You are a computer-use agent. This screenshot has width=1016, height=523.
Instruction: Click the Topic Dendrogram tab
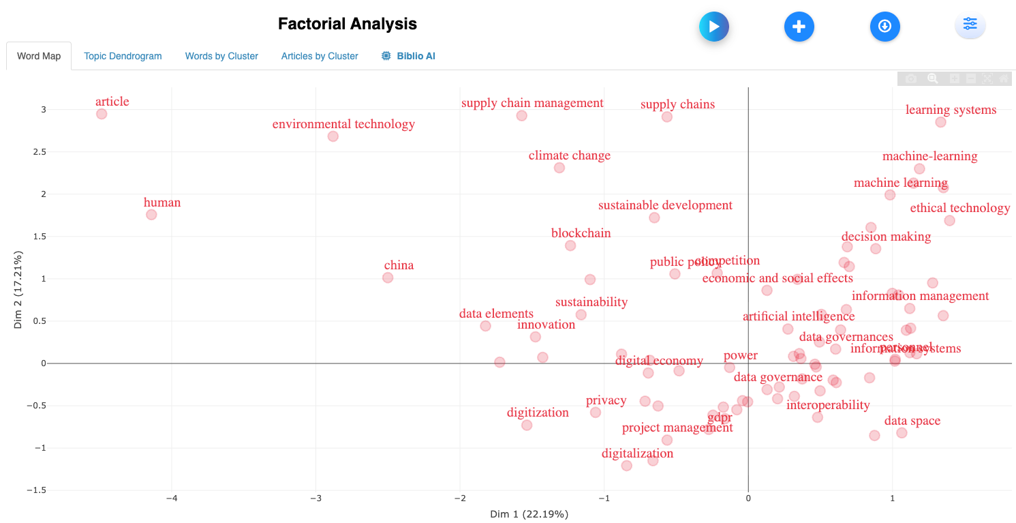pyautogui.click(x=123, y=56)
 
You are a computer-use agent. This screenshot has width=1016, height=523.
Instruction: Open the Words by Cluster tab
pyautogui.click(x=221, y=56)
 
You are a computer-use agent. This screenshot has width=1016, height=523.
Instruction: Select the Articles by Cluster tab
pyautogui.click(x=320, y=56)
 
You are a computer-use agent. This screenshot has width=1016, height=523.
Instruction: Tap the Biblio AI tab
pyautogui.click(x=408, y=56)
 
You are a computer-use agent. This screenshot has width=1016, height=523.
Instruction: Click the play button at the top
pyautogui.click(x=714, y=27)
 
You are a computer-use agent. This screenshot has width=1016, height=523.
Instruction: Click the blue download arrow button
pyautogui.click(x=884, y=27)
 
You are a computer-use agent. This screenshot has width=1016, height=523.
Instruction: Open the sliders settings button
pyautogui.click(x=970, y=25)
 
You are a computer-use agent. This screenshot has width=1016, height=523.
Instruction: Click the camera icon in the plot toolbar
pyautogui.click(x=911, y=79)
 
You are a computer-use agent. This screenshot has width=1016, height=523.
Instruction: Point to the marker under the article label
pyautogui.click(x=102, y=114)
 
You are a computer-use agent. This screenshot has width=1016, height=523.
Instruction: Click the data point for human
pyautogui.click(x=151, y=215)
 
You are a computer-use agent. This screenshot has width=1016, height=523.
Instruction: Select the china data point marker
pyautogui.click(x=388, y=278)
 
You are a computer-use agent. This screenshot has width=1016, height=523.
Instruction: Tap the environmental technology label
pyautogui.click(x=343, y=124)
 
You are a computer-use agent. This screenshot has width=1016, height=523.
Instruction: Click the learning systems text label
pyautogui.click(x=951, y=110)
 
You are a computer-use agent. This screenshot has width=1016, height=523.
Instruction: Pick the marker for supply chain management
pyautogui.click(x=521, y=116)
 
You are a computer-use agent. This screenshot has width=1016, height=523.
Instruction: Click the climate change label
pyautogui.click(x=569, y=155)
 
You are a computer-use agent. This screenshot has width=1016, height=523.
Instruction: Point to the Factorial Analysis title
pyautogui.click(x=347, y=24)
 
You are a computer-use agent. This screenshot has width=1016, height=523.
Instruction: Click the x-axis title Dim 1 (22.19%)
pyautogui.click(x=529, y=513)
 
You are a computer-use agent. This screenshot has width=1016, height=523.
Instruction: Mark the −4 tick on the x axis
pyautogui.click(x=172, y=497)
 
